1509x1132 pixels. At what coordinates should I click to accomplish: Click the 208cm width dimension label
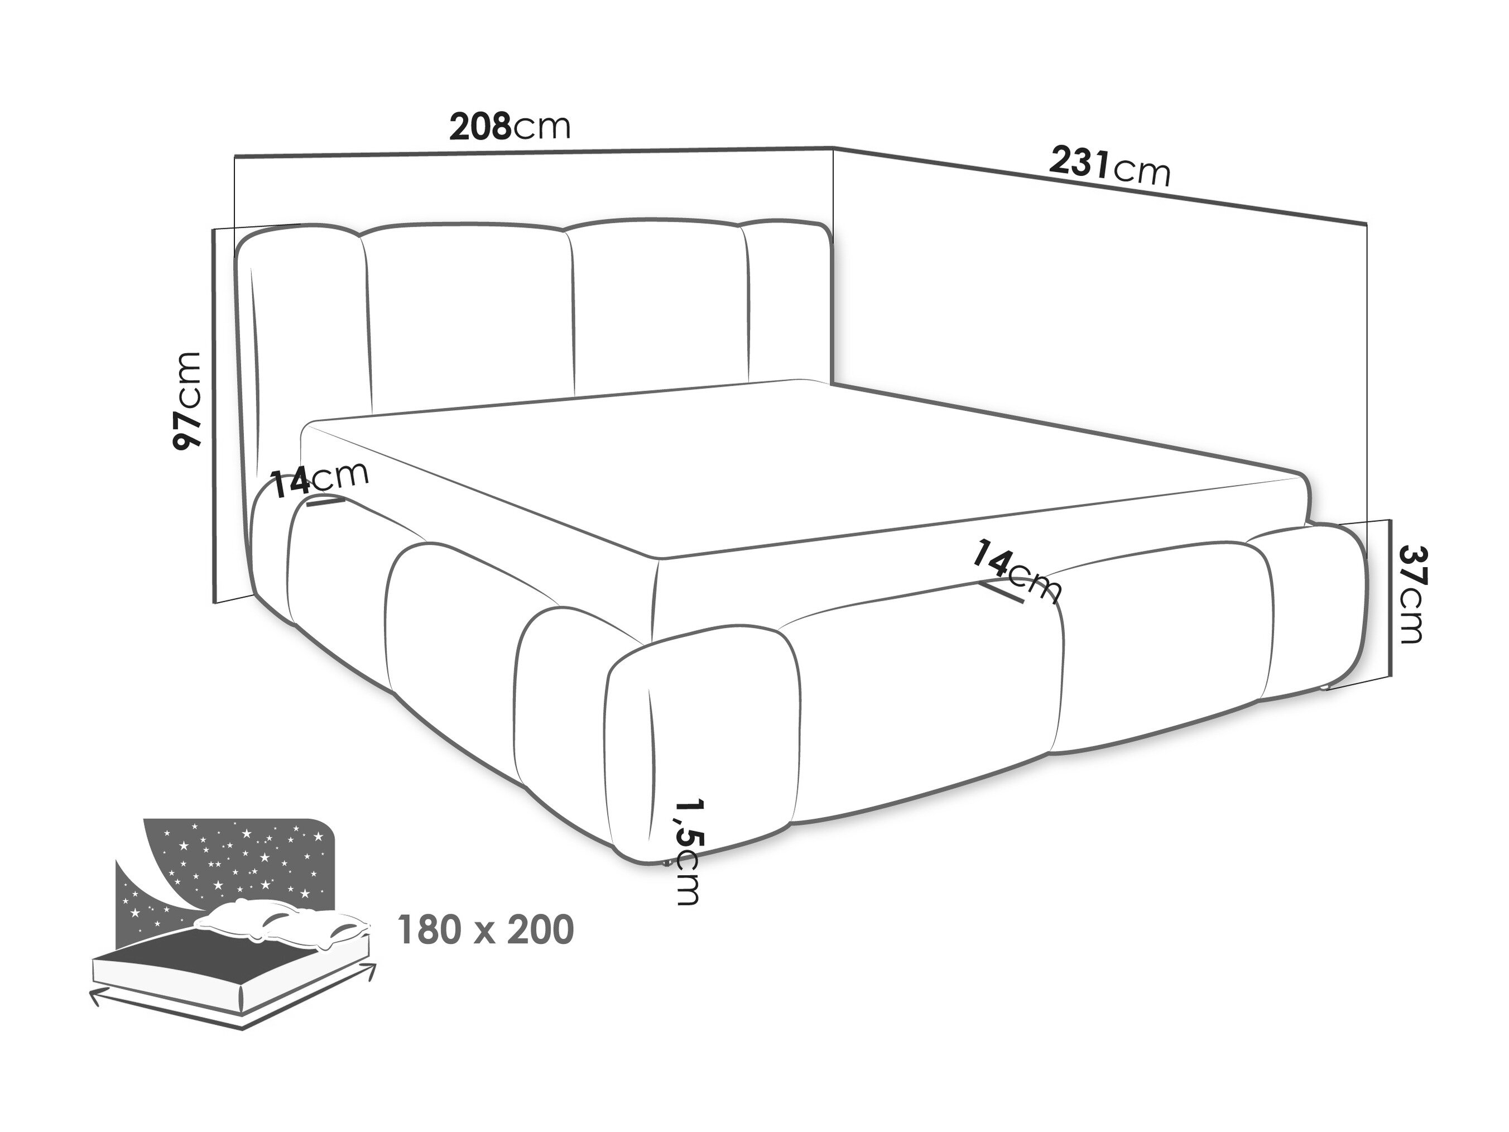point(510,126)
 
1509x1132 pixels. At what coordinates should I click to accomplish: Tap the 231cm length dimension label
point(1110,165)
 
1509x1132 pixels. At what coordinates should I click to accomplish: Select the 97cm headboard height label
point(188,401)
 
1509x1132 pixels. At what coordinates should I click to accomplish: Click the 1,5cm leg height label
point(687,852)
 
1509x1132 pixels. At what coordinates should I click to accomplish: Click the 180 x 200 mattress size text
point(485,930)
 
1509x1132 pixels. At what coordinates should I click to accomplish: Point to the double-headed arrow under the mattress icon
point(232,1003)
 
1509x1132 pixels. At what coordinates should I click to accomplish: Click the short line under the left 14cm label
point(326,501)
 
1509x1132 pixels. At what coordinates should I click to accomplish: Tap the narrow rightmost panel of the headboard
point(791,300)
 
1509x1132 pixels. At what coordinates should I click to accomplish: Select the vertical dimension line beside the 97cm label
point(215,415)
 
